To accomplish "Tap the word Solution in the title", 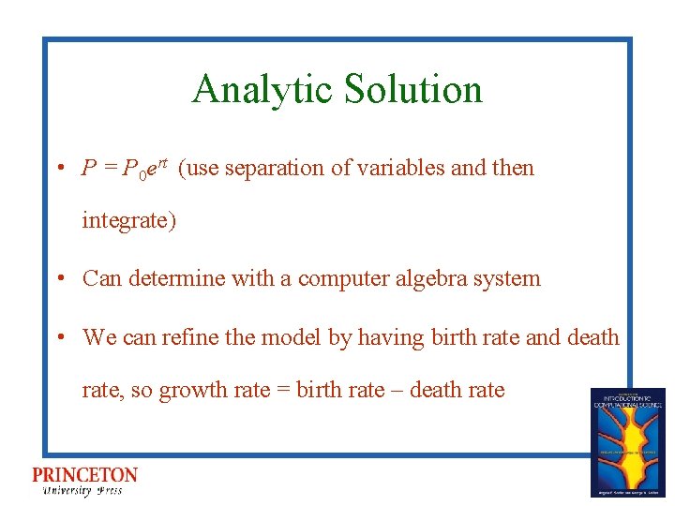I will (x=412, y=90).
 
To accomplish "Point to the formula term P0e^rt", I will (x=146, y=169).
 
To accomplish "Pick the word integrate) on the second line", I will (x=128, y=221).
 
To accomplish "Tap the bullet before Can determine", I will (x=59, y=278).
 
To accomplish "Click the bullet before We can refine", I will (x=59, y=337).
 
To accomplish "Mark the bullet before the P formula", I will (x=59, y=169).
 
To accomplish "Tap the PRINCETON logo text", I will (x=84, y=475).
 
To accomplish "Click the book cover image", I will (x=627, y=441).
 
